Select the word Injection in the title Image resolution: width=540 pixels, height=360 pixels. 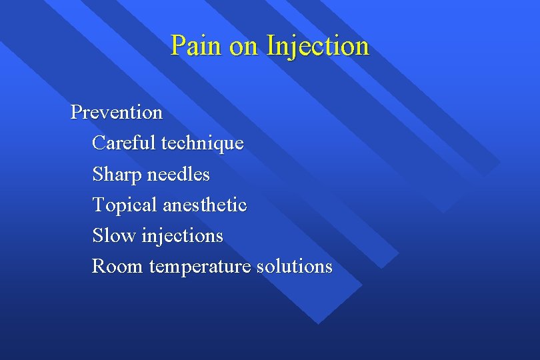coord(317,46)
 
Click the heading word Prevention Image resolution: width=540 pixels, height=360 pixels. coord(117,112)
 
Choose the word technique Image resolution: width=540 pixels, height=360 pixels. coord(203,143)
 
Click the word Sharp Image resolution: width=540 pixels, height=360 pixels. coord(117,175)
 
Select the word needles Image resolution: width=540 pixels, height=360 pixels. coord(178,175)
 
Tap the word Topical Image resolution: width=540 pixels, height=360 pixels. coord(125,205)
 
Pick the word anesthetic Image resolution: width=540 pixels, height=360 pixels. coord(205,205)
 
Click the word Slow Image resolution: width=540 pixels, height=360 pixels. coord(114,235)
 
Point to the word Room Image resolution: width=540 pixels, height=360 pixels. coord(117,266)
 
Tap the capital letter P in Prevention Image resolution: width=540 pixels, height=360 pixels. coord(76,112)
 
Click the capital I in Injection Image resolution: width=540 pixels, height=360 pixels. coord(270,46)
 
